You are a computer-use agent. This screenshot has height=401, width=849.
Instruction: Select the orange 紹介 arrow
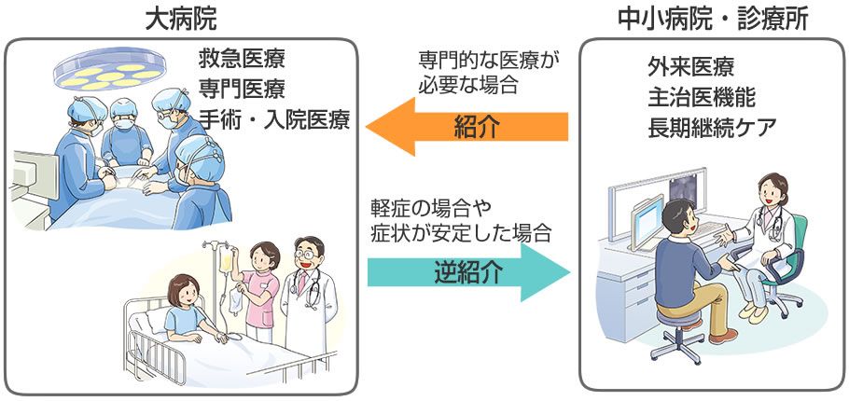466,127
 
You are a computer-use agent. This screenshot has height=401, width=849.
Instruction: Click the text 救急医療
242,61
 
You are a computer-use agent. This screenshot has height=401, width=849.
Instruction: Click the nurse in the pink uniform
260,289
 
